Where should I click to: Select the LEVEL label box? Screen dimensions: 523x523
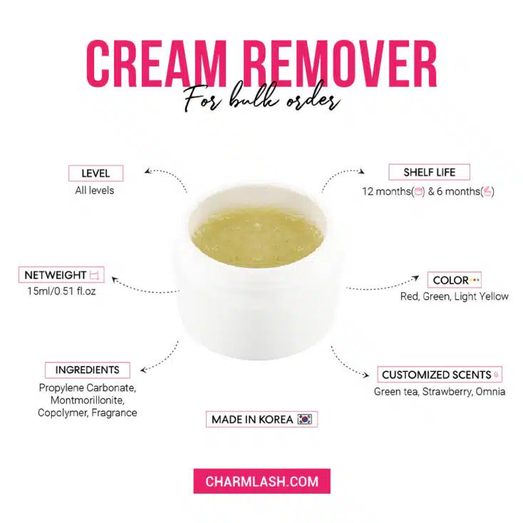click(95, 173)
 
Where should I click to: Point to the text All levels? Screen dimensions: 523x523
click(95, 190)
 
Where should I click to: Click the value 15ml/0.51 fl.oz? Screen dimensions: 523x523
click(62, 291)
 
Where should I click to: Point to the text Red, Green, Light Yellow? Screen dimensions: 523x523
click(454, 296)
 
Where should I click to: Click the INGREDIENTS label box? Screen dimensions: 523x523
click(88, 370)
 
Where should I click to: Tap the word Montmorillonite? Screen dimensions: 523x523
click(87, 400)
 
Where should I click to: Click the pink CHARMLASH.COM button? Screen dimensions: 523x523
click(261, 481)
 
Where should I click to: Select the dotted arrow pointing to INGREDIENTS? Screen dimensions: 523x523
click(160, 359)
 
